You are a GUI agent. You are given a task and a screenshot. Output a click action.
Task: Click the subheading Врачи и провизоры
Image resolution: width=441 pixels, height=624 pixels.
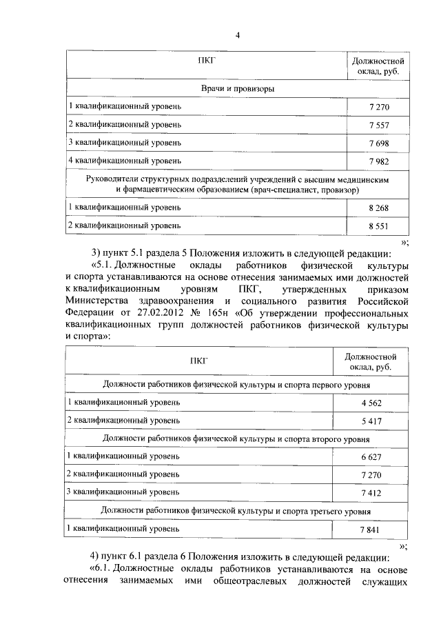pyautogui.click(x=238, y=89)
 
